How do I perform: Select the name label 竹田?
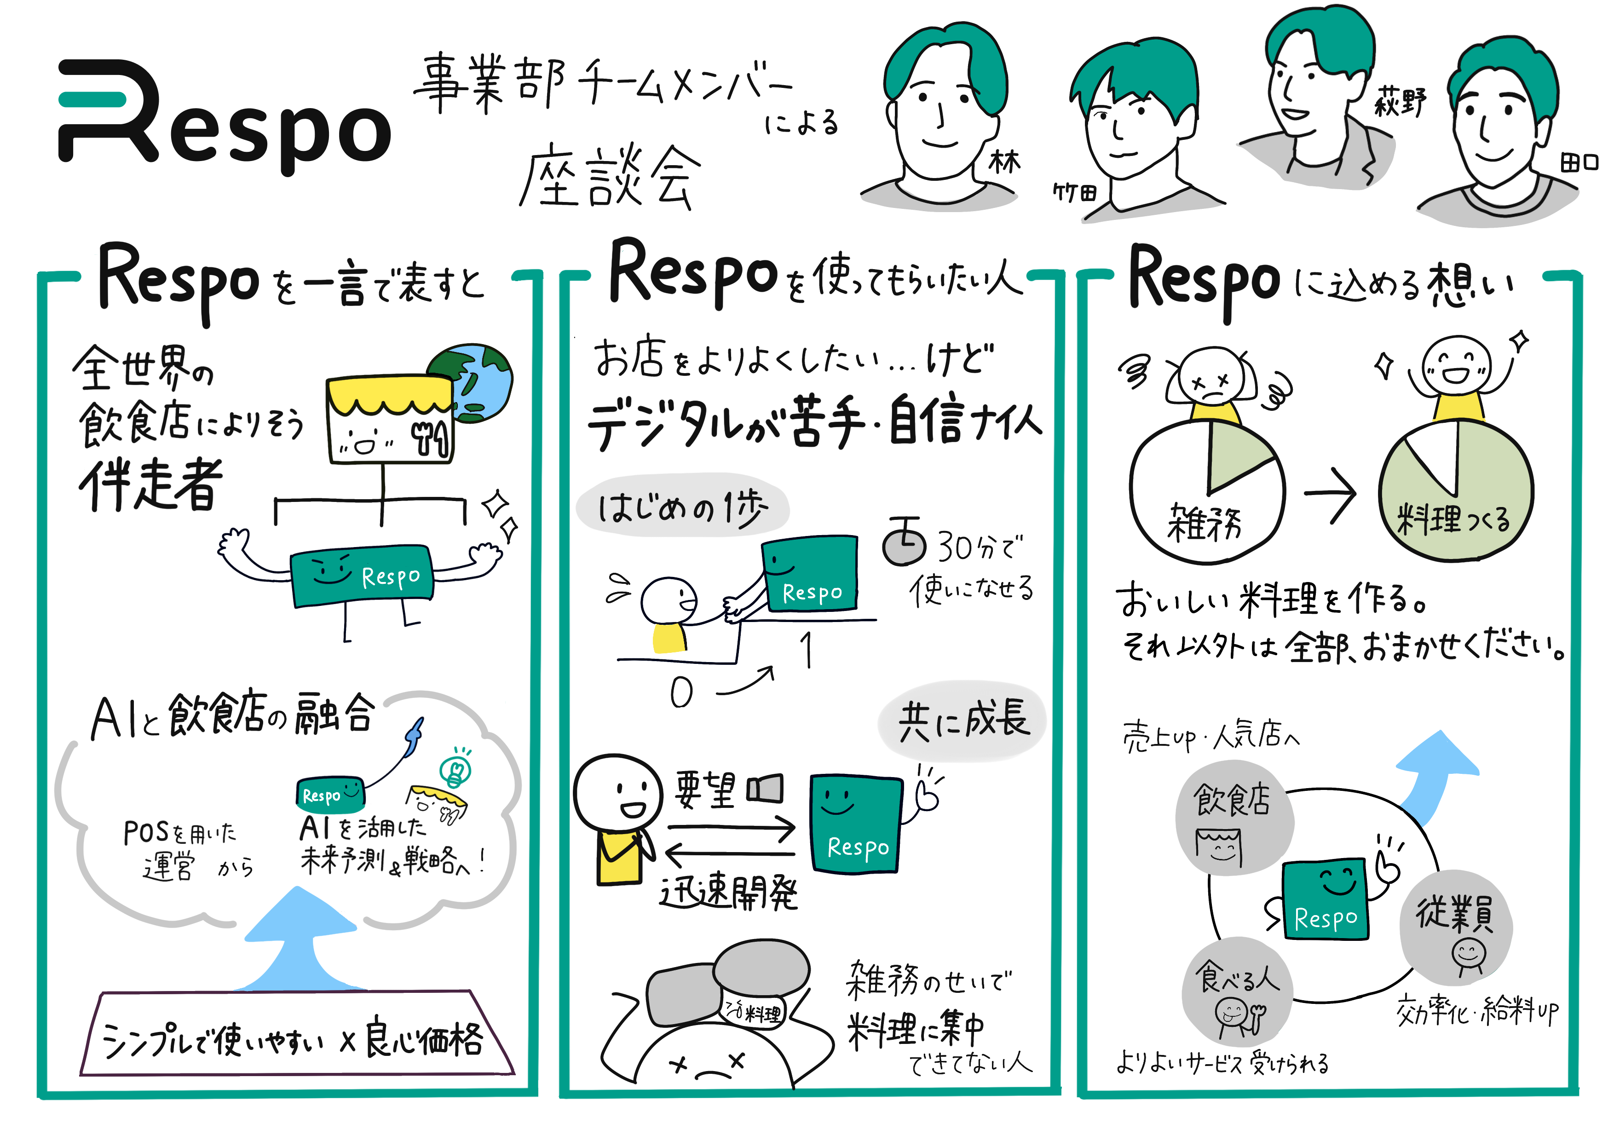click(x=1074, y=192)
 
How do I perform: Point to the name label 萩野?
click(x=1400, y=103)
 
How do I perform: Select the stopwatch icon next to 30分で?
click(x=905, y=543)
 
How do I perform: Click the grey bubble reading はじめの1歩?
click(x=682, y=506)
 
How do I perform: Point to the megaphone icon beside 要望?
click(x=765, y=789)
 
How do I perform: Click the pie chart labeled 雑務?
click(x=1206, y=492)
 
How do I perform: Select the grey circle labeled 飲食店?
click(x=1234, y=819)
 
